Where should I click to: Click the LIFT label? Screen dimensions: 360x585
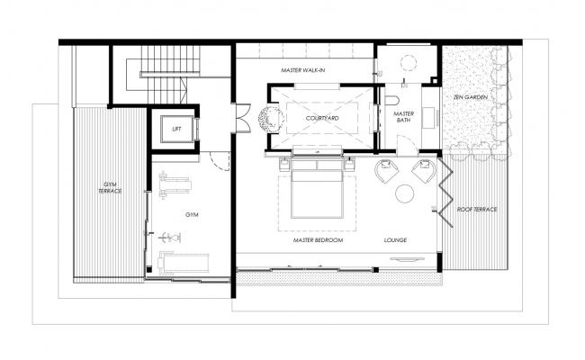(175, 129)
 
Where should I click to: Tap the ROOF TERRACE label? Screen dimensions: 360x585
(476, 210)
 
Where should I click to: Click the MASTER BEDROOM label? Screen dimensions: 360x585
(318, 241)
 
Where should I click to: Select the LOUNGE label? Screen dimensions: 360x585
(396, 241)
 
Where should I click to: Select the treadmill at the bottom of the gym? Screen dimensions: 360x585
(184, 264)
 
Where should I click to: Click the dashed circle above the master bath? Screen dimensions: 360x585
(407, 65)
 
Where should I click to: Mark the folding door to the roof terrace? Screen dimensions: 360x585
(442, 189)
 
